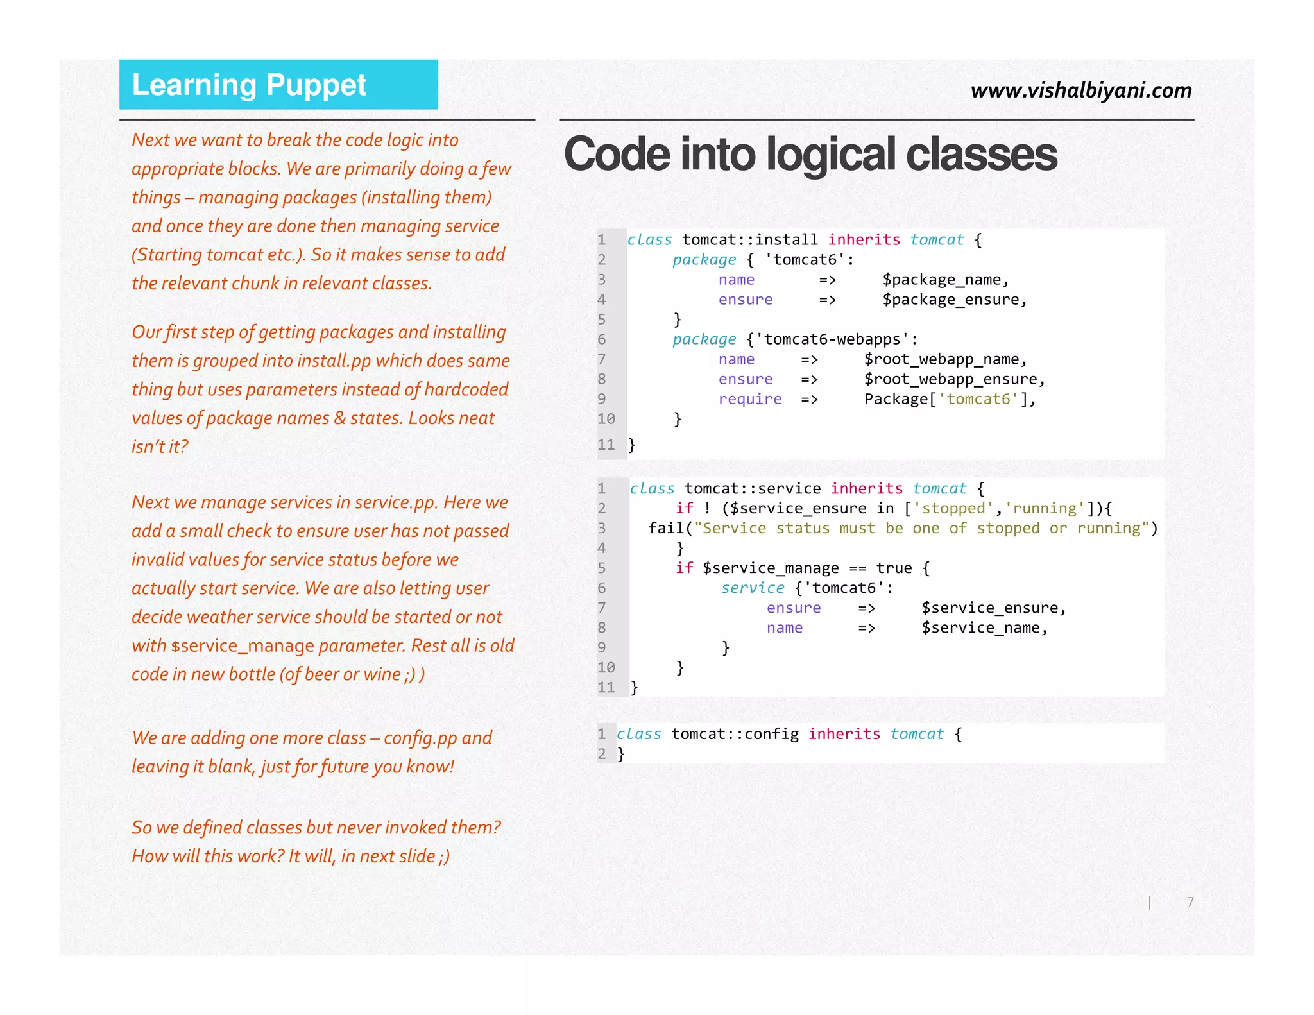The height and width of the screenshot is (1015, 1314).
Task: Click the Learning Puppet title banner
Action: pos(278,85)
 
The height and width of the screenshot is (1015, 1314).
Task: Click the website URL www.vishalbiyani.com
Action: pos(1081,90)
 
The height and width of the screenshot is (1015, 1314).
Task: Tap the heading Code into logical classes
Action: pos(810,155)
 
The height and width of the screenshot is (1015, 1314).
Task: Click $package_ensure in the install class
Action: pos(954,300)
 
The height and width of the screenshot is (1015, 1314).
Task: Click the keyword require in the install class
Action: pos(749,399)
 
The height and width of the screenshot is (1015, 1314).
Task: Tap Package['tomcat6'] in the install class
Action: pos(949,399)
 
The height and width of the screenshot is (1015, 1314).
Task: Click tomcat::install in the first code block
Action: pos(749,240)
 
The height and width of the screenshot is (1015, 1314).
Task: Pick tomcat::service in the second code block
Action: pos(752,489)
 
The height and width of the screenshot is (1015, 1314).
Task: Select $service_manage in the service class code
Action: pos(770,568)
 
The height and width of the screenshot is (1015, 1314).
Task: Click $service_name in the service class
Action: pos(984,628)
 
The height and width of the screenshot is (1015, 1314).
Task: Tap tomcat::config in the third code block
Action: pos(735,734)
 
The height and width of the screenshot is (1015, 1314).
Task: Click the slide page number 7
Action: pos(1190,902)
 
